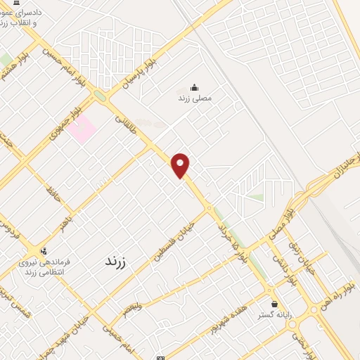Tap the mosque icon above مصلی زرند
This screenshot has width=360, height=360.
(x=193, y=89)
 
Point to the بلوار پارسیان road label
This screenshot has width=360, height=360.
(x=139, y=73)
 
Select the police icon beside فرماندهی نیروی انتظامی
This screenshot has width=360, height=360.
(x=44, y=251)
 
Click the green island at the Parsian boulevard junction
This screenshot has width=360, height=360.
(x=100, y=96)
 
